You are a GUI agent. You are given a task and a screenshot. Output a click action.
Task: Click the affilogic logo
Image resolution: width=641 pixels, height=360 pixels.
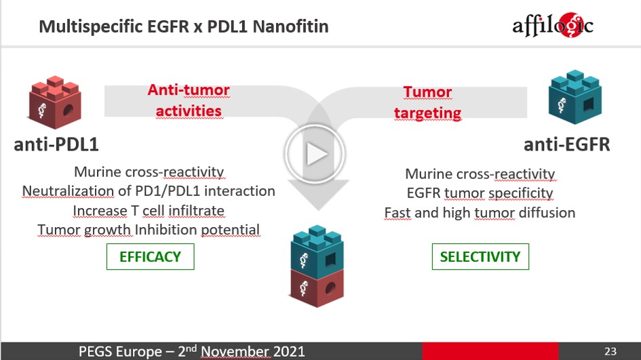pos(552,25)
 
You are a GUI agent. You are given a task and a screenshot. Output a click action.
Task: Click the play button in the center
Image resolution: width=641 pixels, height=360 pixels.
pos(314,155)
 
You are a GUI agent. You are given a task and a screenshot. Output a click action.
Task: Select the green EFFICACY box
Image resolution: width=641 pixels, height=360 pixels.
pos(150,257)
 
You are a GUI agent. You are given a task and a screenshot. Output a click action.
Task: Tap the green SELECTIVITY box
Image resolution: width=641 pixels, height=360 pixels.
pos(480,257)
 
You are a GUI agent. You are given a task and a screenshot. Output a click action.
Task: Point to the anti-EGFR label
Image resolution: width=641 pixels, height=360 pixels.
pos(566,144)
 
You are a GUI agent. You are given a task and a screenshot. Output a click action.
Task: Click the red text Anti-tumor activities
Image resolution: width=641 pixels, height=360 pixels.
pos(189,100)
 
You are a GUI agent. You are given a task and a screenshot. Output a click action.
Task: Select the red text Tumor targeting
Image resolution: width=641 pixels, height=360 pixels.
pos(427,102)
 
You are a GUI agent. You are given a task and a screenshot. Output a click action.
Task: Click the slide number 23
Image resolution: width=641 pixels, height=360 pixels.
pos(610,351)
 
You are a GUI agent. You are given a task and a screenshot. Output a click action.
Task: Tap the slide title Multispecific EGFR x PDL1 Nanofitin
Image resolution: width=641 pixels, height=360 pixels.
pos(184,26)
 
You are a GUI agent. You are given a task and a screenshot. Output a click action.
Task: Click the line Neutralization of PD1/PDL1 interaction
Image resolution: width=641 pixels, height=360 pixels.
pos(149,191)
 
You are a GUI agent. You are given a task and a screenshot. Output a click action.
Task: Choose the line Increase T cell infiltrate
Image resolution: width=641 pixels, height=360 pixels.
pos(149,211)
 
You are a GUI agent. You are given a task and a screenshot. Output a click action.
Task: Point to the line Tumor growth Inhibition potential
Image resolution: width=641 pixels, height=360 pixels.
pos(149,230)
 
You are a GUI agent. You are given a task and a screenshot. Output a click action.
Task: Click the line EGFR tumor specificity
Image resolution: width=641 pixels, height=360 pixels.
pos(480,193)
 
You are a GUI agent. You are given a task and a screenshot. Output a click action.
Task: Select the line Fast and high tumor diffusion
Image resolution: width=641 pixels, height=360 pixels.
pos(480,213)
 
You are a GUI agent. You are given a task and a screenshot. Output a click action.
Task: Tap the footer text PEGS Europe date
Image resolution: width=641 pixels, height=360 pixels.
pos(192,351)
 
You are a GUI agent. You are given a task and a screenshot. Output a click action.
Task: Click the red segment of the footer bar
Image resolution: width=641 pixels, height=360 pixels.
pos(490,351)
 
